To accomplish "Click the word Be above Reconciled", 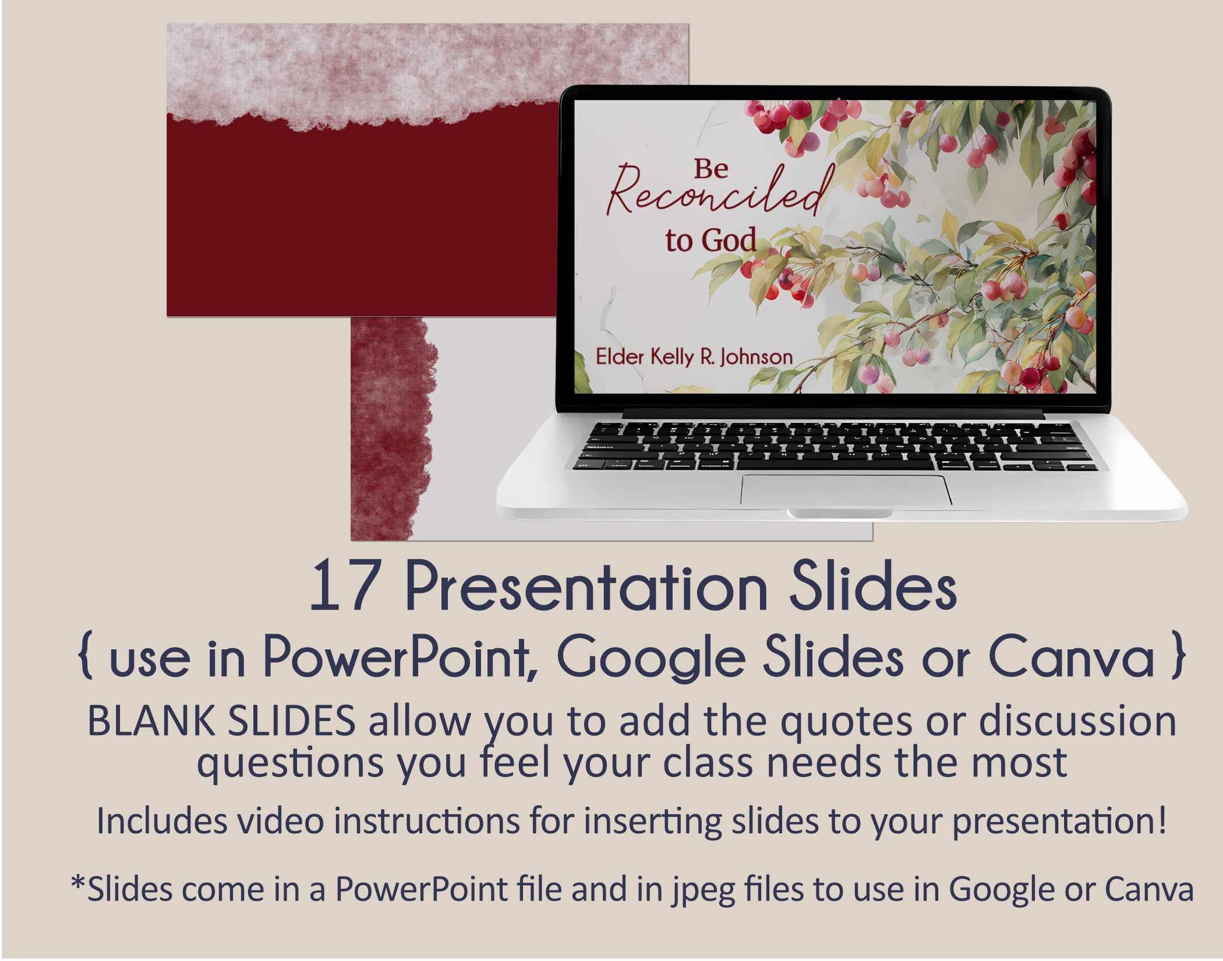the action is (x=711, y=169).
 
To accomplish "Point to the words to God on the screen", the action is (x=711, y=240).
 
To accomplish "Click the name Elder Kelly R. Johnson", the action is (x=694, y=357).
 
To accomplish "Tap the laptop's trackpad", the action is (x=846, y=490).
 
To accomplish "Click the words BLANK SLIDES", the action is (x=222, y=721).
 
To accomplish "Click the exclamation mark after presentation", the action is (x=1161, y=820).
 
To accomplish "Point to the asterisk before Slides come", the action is (x=78, y=883).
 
